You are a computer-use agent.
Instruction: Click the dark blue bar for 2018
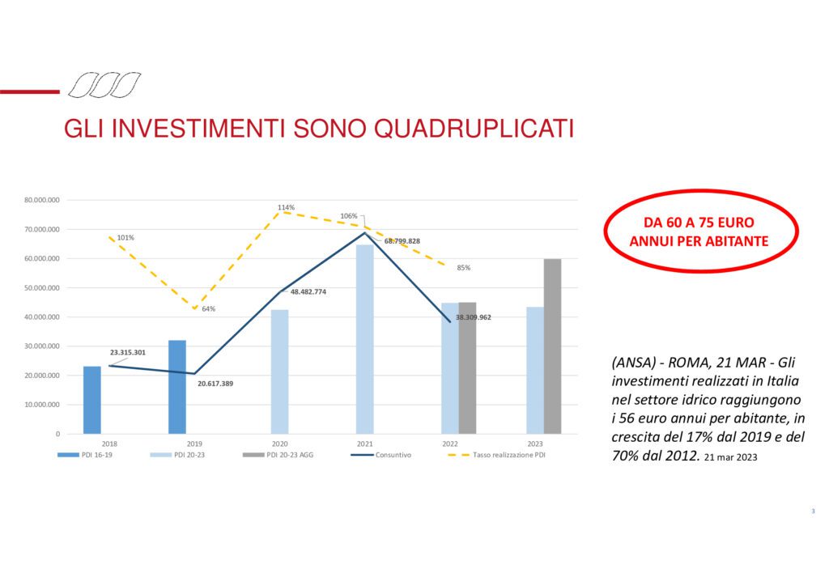pyautogui.click(x=92, y=400)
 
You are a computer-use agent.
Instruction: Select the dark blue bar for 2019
pyautogui.click(x=177, y=387)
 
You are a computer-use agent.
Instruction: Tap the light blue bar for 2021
pyautogui.click(x=365, y=339)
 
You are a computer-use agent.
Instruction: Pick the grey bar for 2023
pyautogui.click(x=552, y=346)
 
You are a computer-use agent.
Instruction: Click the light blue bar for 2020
pyautogui.click(x=279, y=372)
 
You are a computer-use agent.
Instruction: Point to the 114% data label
pyautogui.click(x=286, y=208)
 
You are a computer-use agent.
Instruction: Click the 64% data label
pyautogui.click(x=209, y=309)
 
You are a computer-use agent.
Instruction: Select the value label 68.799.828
pyautogui.click(x=402, y=241)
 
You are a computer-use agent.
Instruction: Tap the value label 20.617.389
pyautogui.click(x=215, y=384)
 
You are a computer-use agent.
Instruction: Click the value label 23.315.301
pyautogui.click(x=127, y=352)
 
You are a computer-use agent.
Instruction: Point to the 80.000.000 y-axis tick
pyautogui.click(x=42, y=200)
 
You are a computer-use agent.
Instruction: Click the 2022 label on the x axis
pyautogui.click(x=450, y=444)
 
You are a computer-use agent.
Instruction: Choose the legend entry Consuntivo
pyautogui.click(x=381, y=455)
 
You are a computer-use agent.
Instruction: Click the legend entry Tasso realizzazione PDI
pyautogui.click(x=496, y=455)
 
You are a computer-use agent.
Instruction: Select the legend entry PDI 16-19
pyautogui.click(x=85, y=455)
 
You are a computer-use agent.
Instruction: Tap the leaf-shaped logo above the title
pyautogui.click(x=104, y=85)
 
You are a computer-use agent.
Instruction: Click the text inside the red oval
pyautogui.click(x=699, y=231)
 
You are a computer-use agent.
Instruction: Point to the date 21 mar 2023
pyautogui.click(x=731, y=457)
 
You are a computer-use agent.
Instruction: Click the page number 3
pyautogui.click(x=813, y=511)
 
